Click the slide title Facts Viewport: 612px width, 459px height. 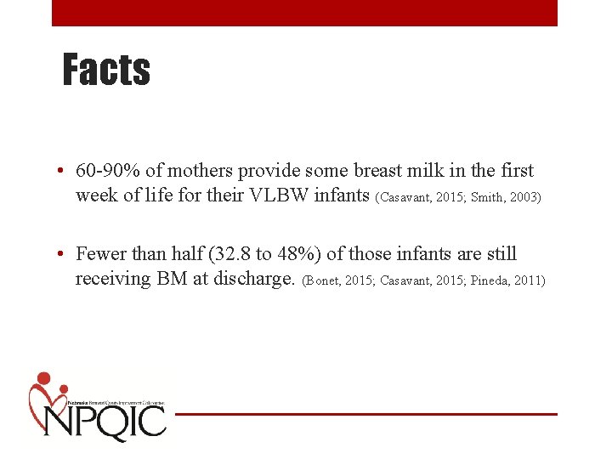coord(106,71)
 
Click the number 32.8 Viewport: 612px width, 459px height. coord(212,254)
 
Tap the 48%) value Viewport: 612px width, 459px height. coord(278,254)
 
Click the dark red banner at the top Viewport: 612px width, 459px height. coord(304,13)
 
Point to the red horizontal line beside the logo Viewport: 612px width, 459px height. coord(365,414)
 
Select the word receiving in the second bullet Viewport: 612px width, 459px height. coord(113,280)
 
